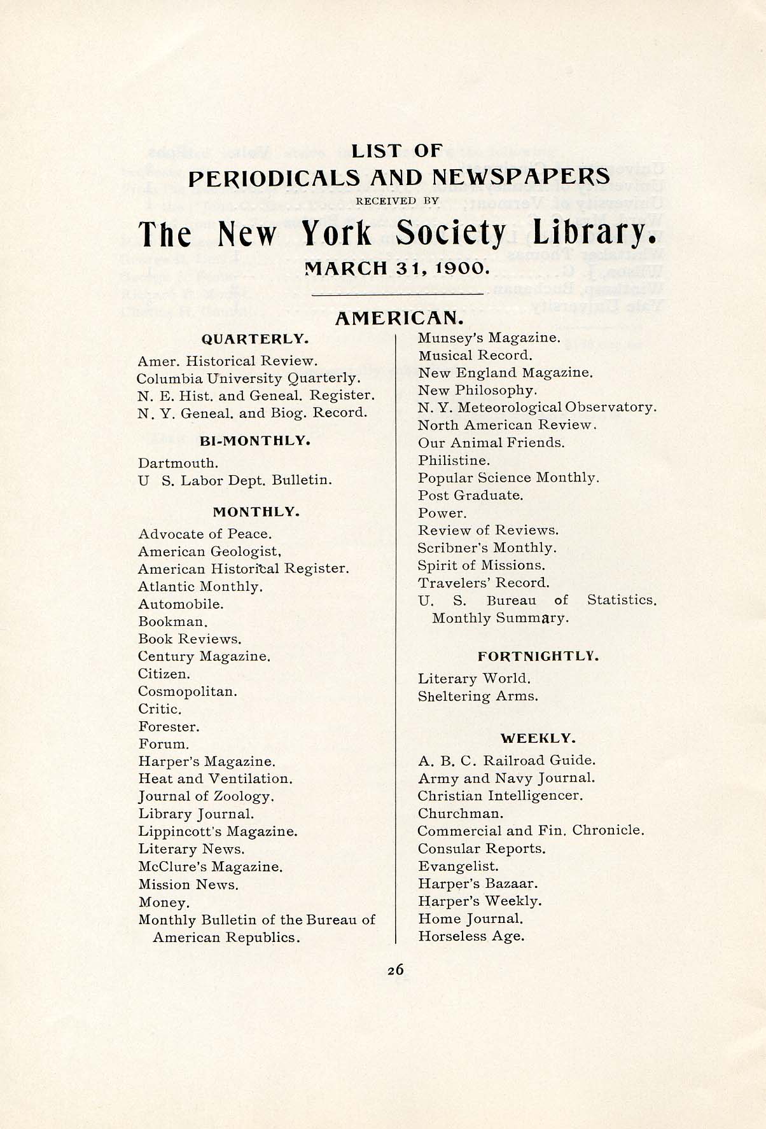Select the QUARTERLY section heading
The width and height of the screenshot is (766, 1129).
click(x=255, y=339)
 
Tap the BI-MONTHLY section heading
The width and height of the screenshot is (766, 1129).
click(x=255, y=440)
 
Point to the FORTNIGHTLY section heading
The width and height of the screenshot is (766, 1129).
click(x=538, y=655)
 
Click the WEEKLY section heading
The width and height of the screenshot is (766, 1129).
click(x=538, y=738)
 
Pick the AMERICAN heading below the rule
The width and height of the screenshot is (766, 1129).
click(x=397, y=318)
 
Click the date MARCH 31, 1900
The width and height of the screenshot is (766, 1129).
click(x=397, y=268)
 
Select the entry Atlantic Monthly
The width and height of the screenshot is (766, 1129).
click(x=200, y=586)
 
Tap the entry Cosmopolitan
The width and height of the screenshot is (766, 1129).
click(x=188, y=691)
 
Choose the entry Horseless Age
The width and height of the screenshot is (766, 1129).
click(x=471, y=936)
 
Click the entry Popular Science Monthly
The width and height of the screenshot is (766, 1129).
click(x=508, y=478)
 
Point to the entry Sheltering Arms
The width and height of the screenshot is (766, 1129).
click(x=478, y=696)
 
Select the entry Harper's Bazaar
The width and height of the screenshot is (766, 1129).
click(x=478, y=883)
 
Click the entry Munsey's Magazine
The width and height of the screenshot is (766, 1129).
click(x=489, y=338)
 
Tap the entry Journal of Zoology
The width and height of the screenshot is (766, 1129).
click(x=206, y=796)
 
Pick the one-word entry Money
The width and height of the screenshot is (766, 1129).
click(x=164, y=903)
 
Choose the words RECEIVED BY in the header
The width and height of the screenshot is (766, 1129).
click(x=397, y=201)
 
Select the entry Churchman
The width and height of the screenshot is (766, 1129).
click(x=461, y=814)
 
